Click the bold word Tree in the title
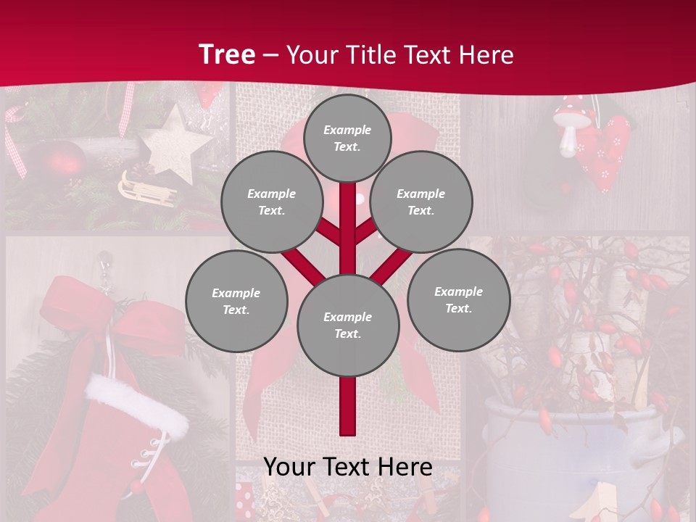[227, 55]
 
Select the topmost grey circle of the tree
[347, 138]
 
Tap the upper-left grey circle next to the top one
[272, 202]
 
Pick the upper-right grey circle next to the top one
[421, 202]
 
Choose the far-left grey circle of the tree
[236, 301]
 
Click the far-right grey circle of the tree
[458, 299]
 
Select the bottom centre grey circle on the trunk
[348, 326]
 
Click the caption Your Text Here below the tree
[348, 467]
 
